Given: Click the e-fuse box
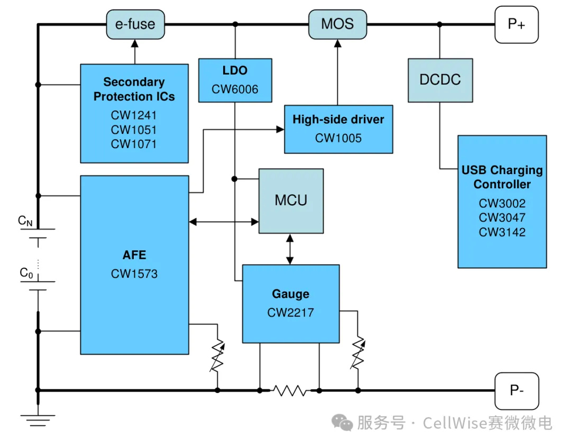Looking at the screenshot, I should click(x=135, y=24).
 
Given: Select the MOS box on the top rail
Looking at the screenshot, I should click(x=337, y=24).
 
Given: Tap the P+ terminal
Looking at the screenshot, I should click(x=516, y=24).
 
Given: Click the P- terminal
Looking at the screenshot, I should click(x=516, y=390).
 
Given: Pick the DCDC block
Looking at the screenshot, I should click(x=440, y=80).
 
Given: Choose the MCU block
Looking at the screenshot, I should click(x=291, y=201).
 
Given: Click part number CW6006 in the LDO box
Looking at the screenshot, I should click(x=235, y=89).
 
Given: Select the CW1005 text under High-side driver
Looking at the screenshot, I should click(x=338, y=138).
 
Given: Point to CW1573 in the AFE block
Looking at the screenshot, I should click(x=134, y=274).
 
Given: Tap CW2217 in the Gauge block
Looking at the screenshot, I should click(x=290, y=313).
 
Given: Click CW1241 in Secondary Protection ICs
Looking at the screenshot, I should click(x=134, y=115).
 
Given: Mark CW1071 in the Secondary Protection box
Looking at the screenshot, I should click(x=134, y=144).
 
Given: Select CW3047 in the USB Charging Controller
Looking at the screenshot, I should click(x=502, y=217).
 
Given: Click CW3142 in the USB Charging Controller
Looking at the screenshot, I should click(x=502, y=232).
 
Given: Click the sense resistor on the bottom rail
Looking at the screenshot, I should click(x=289, y=390).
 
